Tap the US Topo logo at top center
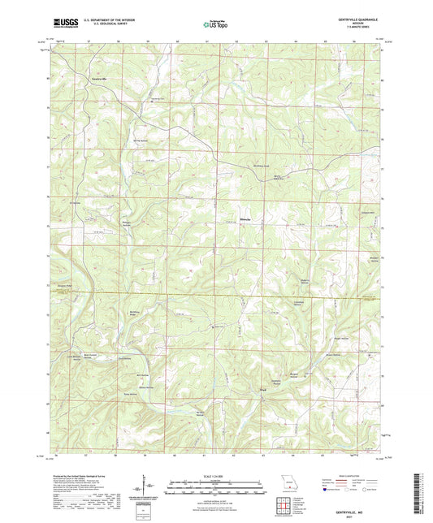tap(215, 24)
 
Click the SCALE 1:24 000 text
tap(215, 479)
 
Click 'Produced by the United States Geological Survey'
tap(85, 478)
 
